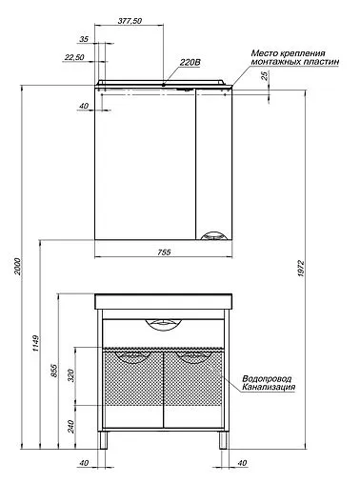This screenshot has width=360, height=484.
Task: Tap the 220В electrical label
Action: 190,65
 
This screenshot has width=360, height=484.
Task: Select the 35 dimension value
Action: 84,40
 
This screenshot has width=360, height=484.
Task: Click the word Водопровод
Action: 269,377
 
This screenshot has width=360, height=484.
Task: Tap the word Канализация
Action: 269,388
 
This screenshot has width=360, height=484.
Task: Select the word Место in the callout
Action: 263,53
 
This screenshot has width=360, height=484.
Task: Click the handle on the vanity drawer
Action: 163,327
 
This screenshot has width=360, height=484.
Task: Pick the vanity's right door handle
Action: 192,359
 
